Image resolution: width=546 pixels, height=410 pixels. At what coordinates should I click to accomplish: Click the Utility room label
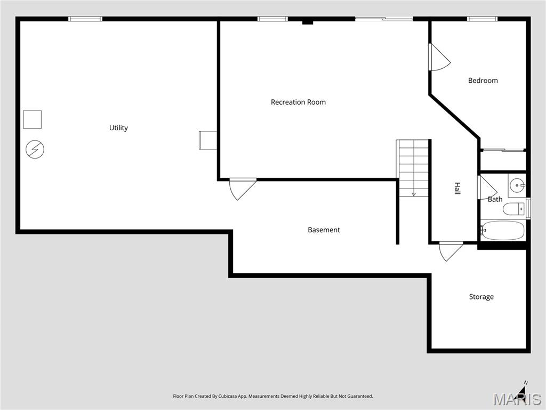pos(118,128)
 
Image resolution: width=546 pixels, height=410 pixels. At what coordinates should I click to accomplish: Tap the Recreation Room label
pos(298,102)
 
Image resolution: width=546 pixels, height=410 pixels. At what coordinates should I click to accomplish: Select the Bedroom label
pos(483,81)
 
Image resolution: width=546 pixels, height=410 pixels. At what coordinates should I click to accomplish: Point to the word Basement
pos(324,230)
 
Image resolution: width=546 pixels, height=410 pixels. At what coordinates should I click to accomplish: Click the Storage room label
pos(481,297)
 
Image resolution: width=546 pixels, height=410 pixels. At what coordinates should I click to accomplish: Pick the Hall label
pos(457,188)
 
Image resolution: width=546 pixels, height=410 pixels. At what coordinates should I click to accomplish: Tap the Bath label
pos(495,199)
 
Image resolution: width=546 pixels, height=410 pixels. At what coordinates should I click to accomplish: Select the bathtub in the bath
pos(503,231)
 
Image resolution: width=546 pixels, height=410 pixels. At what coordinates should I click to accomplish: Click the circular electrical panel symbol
pos(35,149)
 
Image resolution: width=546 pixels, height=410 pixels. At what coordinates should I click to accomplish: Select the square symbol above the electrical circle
pos(32,119)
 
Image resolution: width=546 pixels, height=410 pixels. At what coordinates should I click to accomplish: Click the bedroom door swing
pos(439,58)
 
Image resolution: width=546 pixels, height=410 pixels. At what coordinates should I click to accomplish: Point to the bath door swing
pos(486,188)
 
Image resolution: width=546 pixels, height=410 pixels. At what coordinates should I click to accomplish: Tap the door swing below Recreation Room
pos(242,188)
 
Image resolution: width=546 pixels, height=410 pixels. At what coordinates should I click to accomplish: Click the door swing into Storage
pos(450,251)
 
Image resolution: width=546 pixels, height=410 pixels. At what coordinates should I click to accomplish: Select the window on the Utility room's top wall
pos(85,19)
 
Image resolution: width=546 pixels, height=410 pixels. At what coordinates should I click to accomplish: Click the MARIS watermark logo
pos(516,398)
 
